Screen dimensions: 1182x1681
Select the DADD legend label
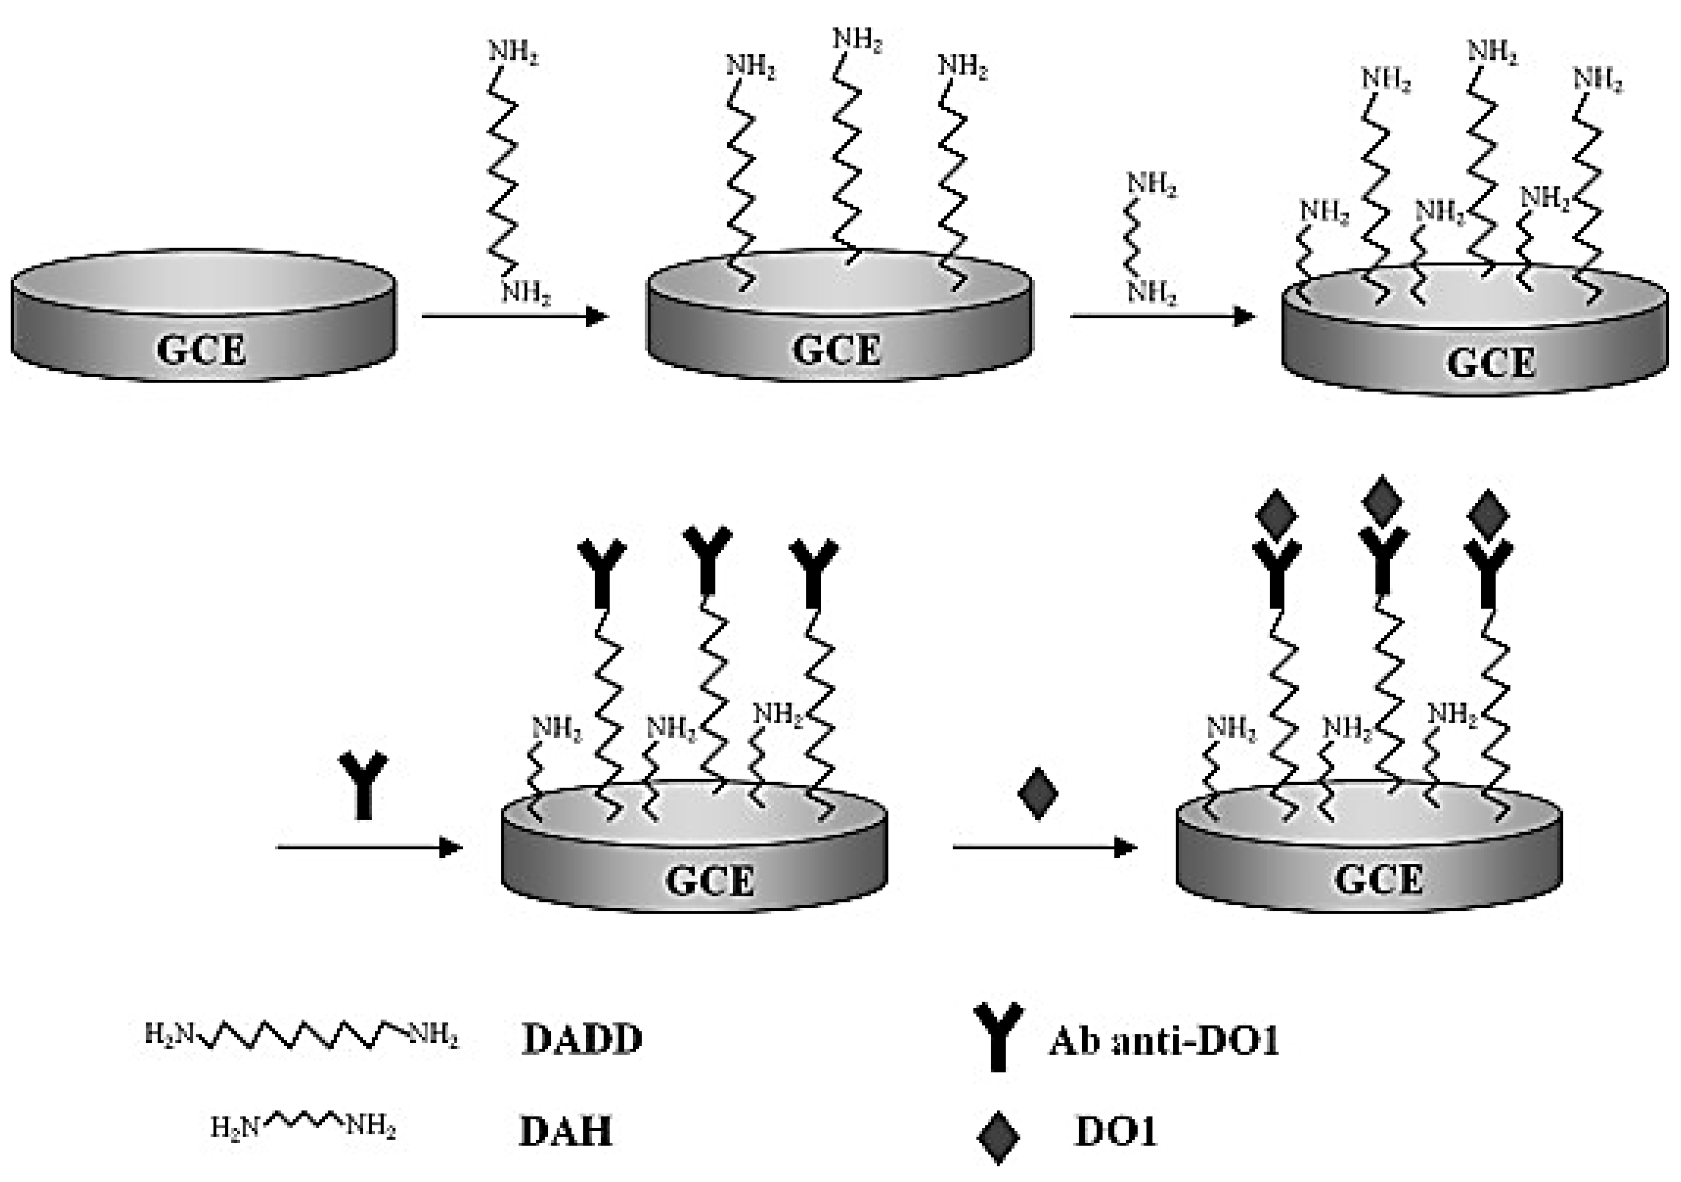[x=582, y=1039]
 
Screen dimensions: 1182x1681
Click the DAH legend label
[x=565, y=1131]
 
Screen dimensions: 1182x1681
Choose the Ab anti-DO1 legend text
[x=1164, y=1040]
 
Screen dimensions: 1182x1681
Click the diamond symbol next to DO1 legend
[x=999, y=1137]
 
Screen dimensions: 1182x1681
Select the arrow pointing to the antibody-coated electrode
[x=369, y=848]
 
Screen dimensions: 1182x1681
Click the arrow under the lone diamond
[x=1044, y=848]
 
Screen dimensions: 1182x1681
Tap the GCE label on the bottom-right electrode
[x=1380, y=879]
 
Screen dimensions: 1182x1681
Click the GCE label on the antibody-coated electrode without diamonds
[x=709, y=881]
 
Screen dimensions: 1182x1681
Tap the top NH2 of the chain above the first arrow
[x=513, y=53]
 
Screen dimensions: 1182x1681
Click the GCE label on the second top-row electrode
[x=837, y=350]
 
